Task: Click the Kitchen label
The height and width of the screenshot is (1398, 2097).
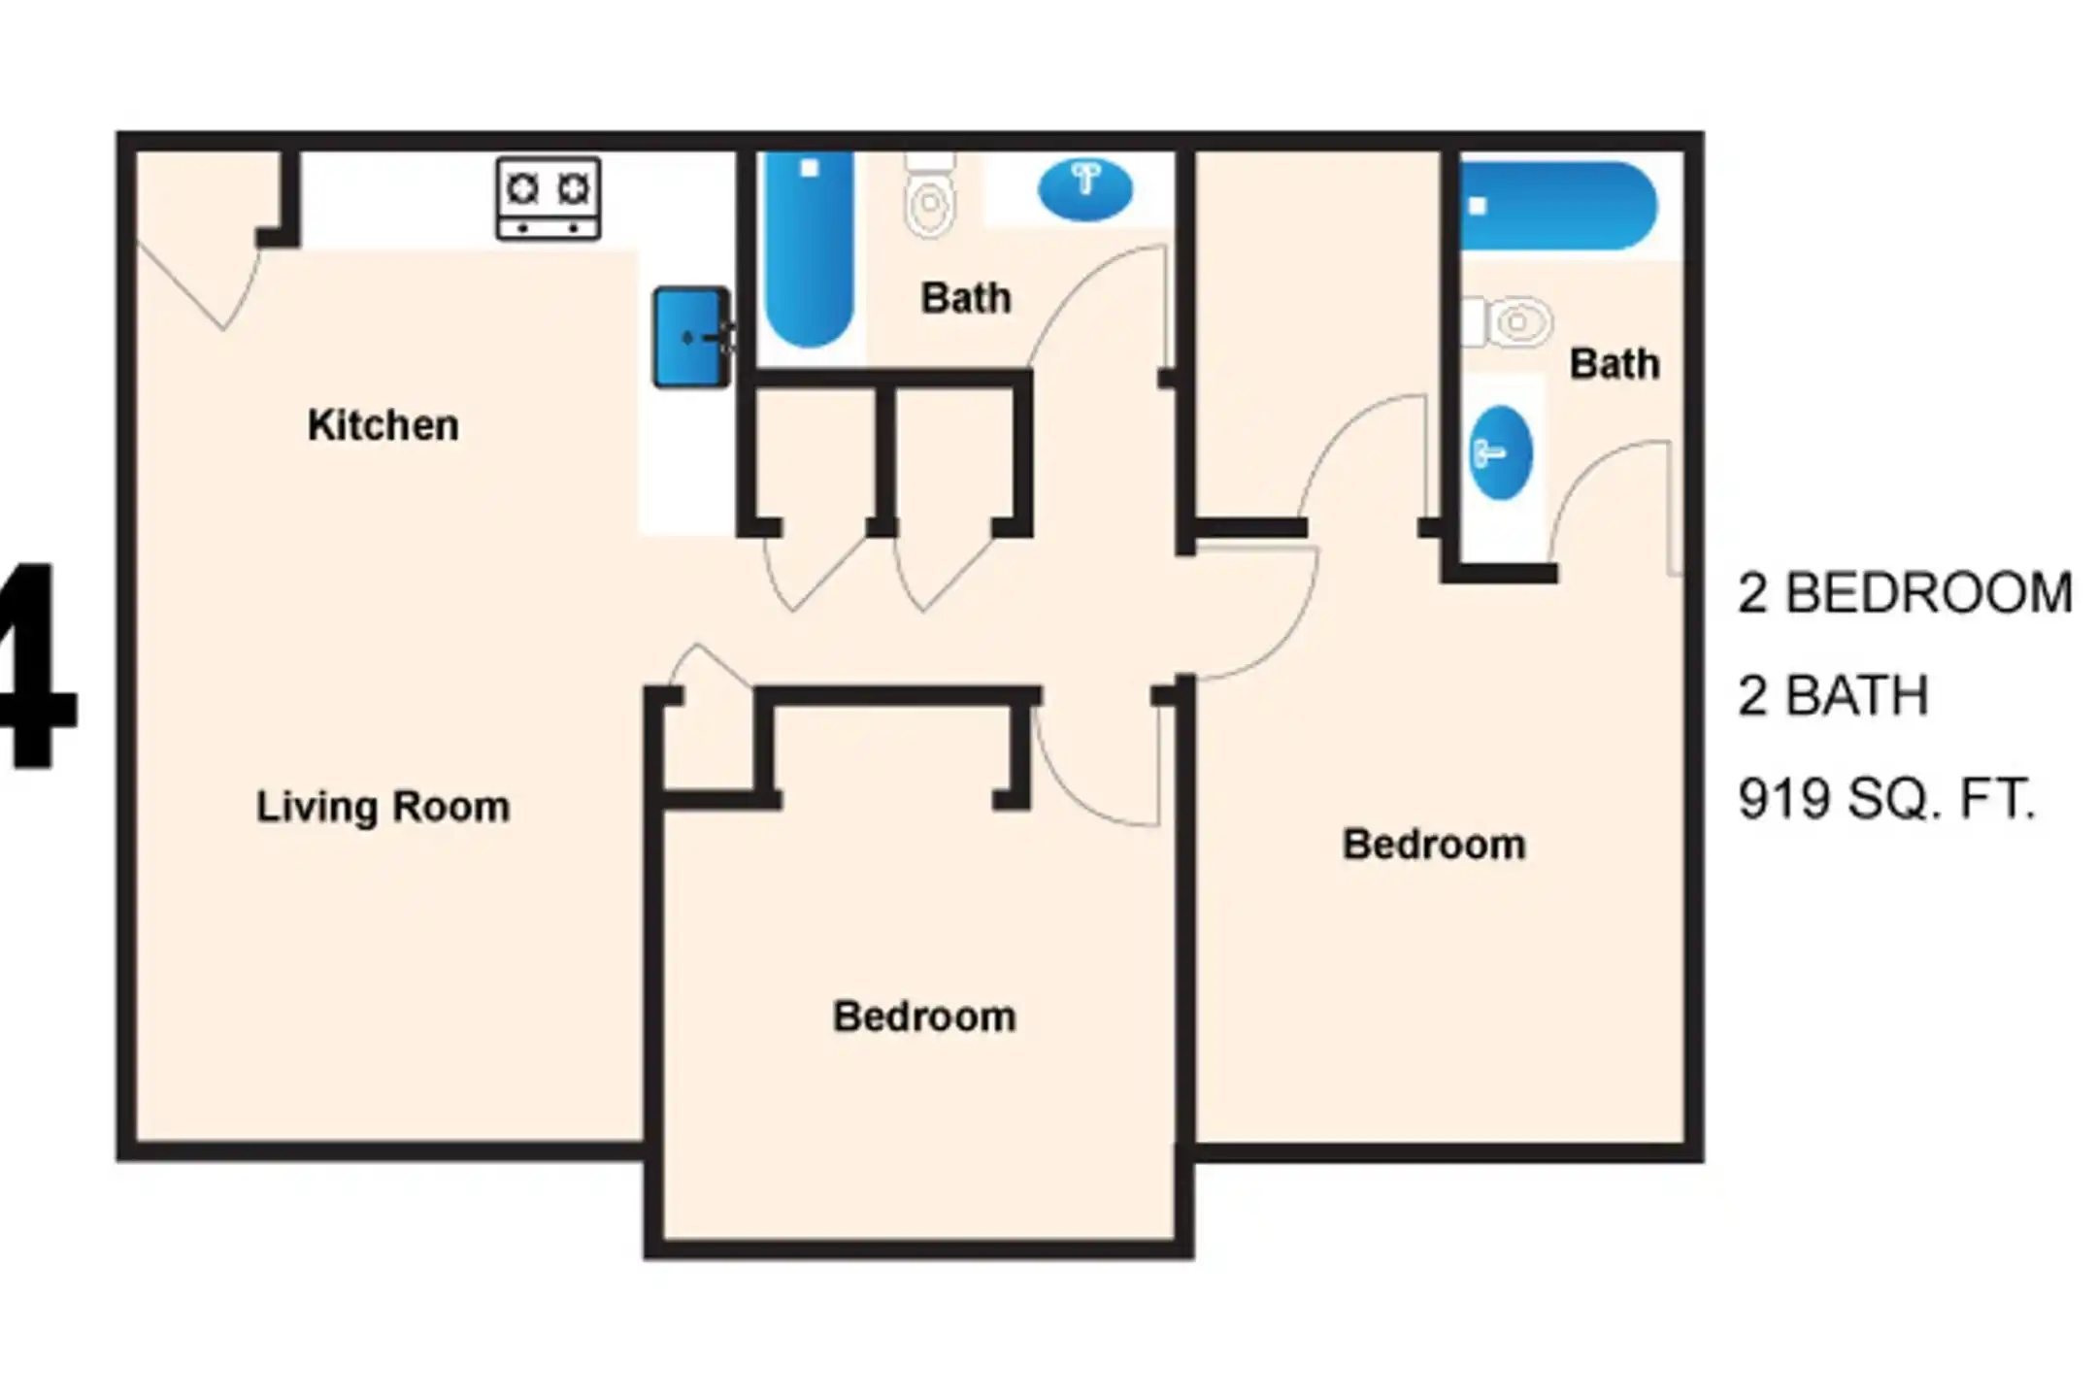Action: pos(383,425)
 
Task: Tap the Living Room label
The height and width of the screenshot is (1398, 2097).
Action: pos(383,807)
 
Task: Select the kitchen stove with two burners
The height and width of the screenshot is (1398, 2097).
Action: pos(549,198)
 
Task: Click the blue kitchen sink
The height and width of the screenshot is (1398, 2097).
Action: pos(691,337)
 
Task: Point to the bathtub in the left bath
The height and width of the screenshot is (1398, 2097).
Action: pos(809,249)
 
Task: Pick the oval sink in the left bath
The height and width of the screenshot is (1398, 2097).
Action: pos(1084,189)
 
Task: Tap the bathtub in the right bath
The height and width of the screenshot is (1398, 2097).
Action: pos(1558,206)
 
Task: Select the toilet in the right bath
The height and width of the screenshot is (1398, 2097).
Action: pos(1507,321)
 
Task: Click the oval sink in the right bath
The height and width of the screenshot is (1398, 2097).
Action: pos(1500,452)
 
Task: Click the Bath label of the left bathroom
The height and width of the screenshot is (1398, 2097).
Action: pos(966,298)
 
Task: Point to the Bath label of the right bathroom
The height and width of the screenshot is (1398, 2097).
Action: pos(1614,364)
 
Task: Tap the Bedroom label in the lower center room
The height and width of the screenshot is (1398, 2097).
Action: pos(924,1016)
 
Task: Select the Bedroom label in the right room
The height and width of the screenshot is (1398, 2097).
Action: pos(1434,845)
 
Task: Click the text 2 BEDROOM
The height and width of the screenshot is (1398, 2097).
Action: pos(1905,593)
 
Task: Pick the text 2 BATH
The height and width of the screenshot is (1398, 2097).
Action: pos(1833,696)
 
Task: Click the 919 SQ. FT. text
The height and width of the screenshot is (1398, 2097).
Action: pos(1886,800)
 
